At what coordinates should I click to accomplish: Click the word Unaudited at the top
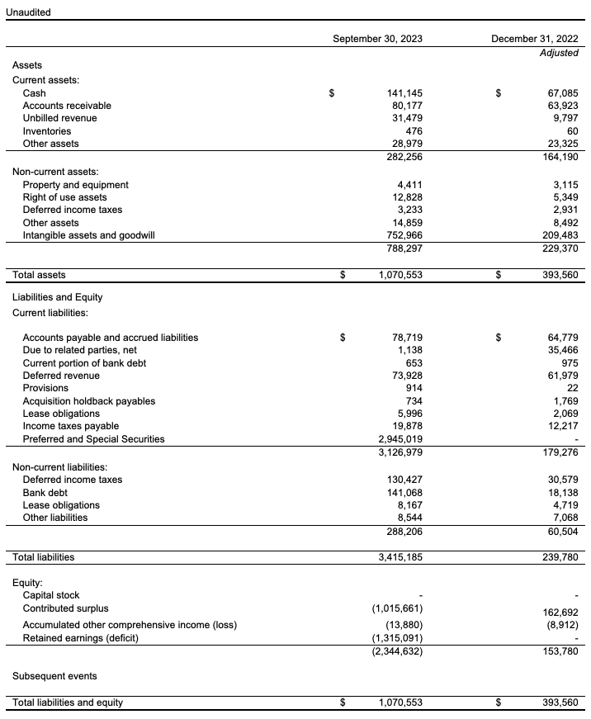[28, 12]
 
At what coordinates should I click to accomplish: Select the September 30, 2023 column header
[377, 39]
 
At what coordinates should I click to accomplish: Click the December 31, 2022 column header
[534, 39]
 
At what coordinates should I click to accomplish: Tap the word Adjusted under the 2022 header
[559, 52]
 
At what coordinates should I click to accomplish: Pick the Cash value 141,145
[404, 93]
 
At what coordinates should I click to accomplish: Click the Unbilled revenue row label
[59, 118]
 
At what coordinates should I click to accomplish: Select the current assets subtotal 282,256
[404, 157]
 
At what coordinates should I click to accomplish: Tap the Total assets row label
[39, 275]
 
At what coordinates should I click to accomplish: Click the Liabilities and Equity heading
[57, 296]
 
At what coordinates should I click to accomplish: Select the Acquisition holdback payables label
[89, 400]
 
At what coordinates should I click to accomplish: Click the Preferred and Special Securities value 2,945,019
[400, 439]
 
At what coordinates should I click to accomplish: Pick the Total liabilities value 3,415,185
[400, 557]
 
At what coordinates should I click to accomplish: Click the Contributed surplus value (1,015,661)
[398, 608]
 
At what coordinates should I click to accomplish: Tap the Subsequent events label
[54, 676]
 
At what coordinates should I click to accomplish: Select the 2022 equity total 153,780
[560, 651]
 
